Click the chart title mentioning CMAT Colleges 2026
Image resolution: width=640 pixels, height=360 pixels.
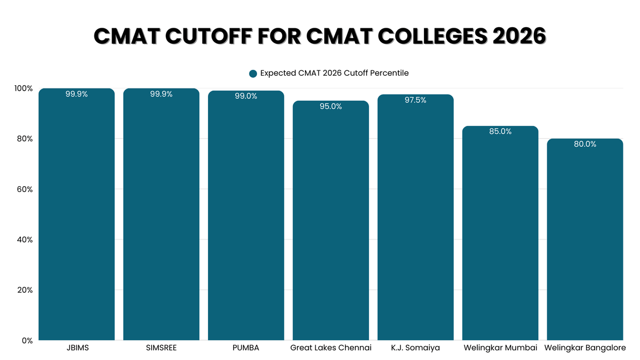click(320, 37)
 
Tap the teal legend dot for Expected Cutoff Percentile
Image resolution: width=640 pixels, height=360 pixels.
click(253, 74)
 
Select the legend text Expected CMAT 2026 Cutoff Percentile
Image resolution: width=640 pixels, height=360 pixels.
click(334, 73)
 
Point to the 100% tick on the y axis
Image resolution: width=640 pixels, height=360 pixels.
click(24, 89)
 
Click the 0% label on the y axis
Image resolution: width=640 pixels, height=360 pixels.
click(27, 340)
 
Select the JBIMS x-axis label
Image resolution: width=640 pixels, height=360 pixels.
click(77, 348)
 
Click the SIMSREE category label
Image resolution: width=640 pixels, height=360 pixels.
click(161, 348)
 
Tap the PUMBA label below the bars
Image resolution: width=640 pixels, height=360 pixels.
click(246, 348)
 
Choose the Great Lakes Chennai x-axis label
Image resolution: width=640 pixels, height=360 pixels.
click(331, 348)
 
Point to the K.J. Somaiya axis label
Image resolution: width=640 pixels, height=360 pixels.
click(415, 348)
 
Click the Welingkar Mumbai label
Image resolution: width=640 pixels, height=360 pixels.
click(500, 348)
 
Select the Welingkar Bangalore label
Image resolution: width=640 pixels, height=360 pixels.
click(585, 348)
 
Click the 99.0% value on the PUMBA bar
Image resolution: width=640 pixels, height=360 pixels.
click(246, 96)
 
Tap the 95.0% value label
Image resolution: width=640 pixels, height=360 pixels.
click(331, 106)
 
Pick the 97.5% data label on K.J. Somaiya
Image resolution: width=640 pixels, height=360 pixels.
click(415, 100)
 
